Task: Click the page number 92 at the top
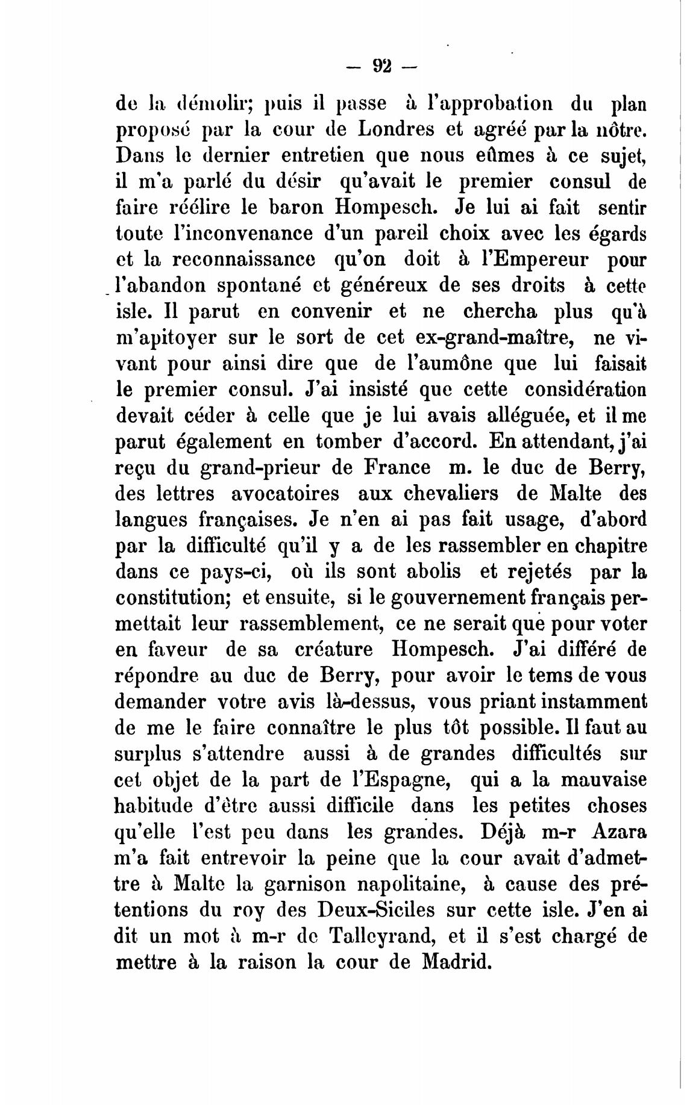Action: pyautogui.click(x=383, y=64)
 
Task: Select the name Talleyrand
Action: pyautogui.click(x=385, y=936)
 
